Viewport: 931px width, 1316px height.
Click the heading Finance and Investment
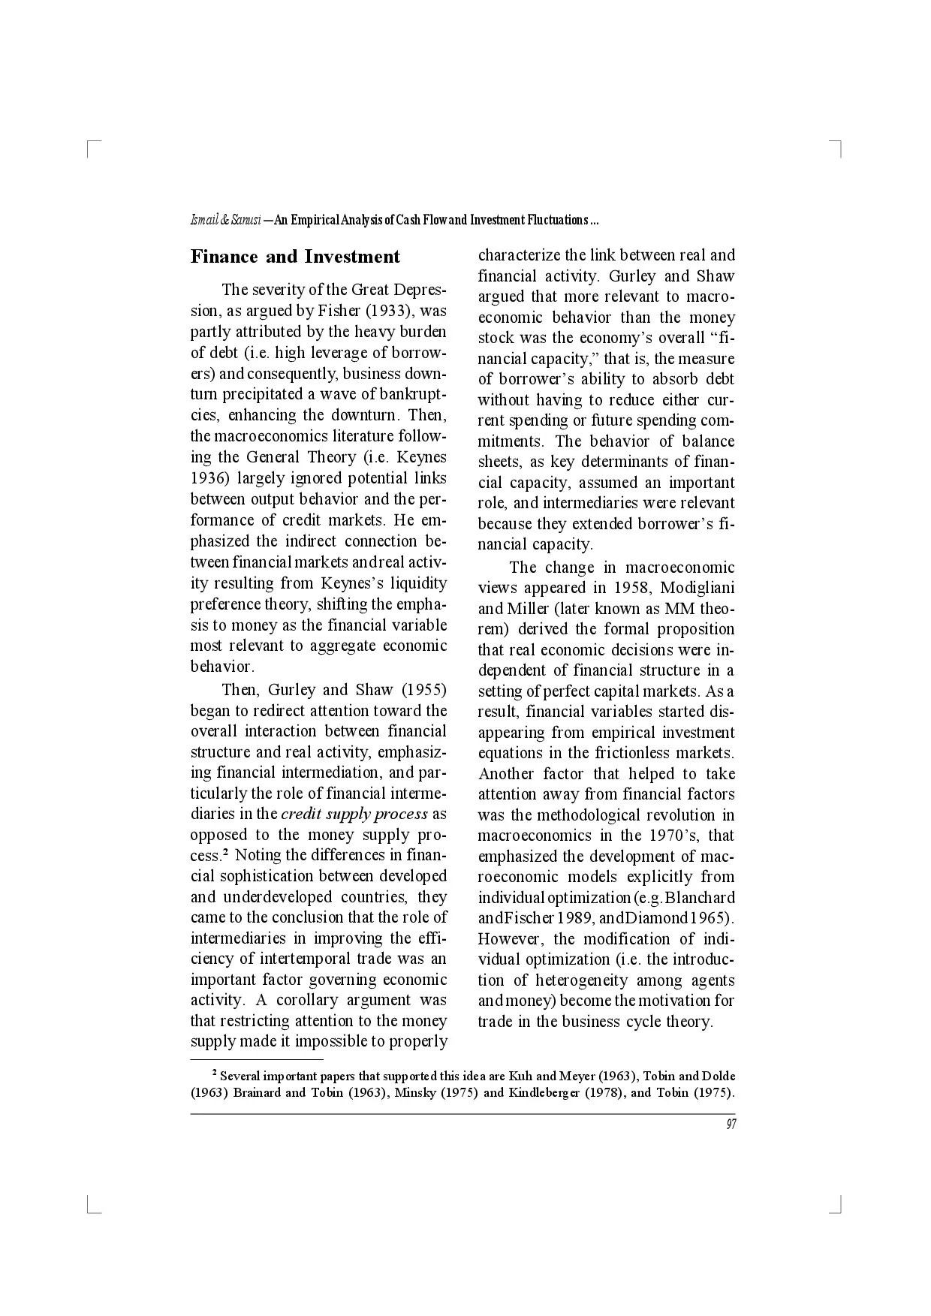[295, 257]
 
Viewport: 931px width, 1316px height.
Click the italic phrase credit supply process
[354, 814]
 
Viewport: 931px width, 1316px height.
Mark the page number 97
[731, 1124]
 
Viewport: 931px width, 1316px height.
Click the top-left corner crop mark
[92, 147]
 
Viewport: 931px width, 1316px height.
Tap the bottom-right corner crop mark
[838, 1207]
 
